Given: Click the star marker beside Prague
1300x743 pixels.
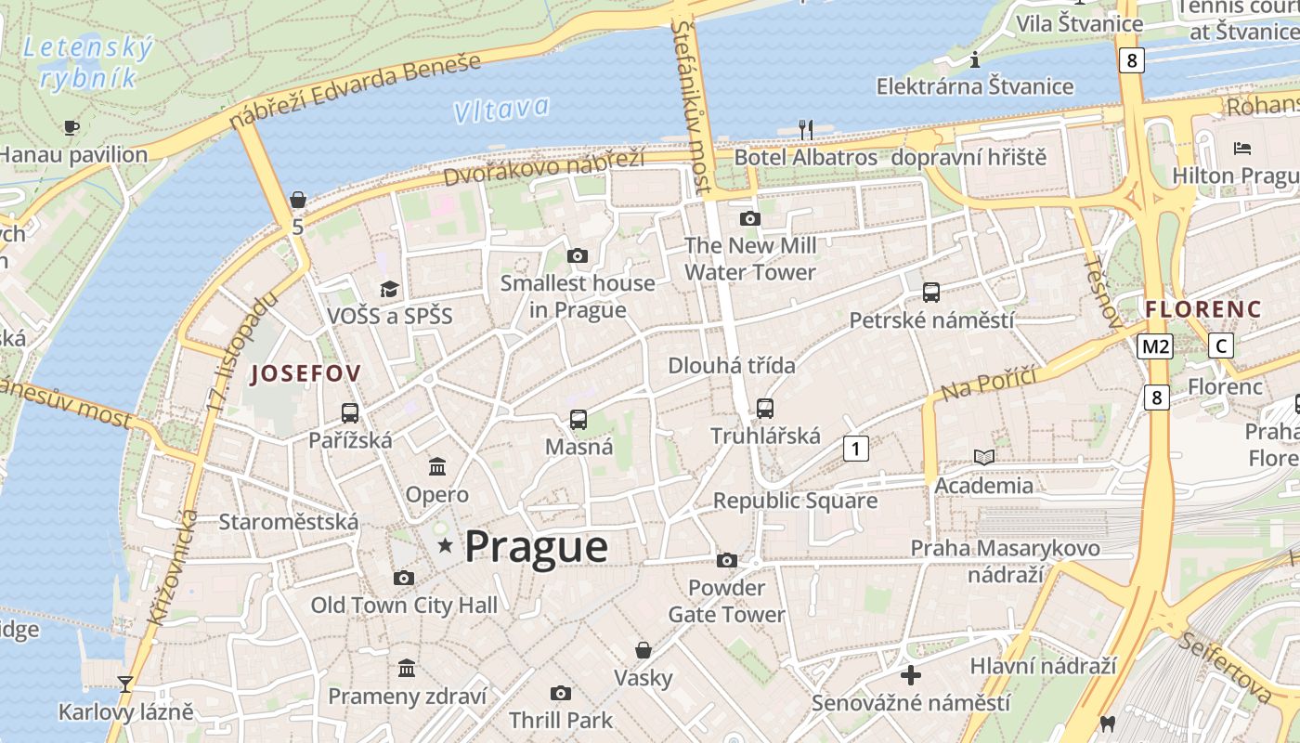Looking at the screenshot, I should tap(446, 546).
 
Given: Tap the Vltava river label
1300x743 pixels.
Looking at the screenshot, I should tap(501, 111).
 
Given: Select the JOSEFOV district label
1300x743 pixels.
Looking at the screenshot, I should tap(305, 373).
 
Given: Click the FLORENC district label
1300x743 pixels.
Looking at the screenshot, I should tap(1203, 309).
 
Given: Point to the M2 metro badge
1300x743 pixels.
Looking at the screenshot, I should tap(1155, 346).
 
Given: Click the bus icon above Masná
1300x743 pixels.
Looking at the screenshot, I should tap(578, 420).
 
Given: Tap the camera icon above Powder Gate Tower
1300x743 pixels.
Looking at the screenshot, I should tap(727, 560).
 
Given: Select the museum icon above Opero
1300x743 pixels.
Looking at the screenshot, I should tap(436, 466).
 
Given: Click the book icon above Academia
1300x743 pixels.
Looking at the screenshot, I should tap(983, 457).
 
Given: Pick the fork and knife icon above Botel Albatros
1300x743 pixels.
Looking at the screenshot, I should tap(805, 129).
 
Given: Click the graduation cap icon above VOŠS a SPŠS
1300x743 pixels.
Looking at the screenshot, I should tap(389, 290).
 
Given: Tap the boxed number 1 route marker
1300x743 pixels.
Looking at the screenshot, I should tap(855, 450).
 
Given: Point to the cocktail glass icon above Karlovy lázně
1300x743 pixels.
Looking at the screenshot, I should tap(125, 684).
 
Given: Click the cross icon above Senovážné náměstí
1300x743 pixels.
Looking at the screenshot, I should tap(911, 675).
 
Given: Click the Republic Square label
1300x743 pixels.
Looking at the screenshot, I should tap(795, 501).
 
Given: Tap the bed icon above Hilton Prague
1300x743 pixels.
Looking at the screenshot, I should tap(1242, 148).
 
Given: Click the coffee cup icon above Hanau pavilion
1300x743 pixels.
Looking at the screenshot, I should tap(71, 127).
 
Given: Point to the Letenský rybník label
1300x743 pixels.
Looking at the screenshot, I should tap(87, 61).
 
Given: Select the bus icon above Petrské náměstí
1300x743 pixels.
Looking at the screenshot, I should tap(931, 293).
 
